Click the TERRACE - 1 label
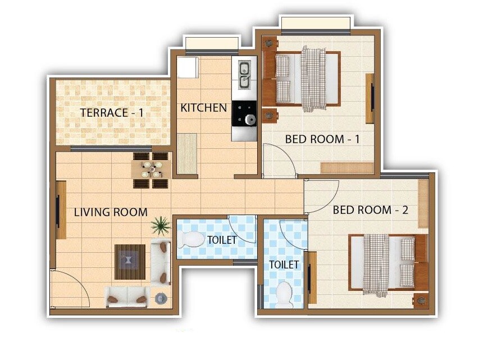click(x=112, y=112)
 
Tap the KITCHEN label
click(x=203, y=108)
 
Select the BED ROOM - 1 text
click(x=322, y=139)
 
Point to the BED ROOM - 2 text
click(x=370, y=210)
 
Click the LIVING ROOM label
click(x=111, y=212)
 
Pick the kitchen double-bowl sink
click(x=245, y=76)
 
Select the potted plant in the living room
click(x=160, y=226)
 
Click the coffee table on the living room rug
click(x=130, y=261)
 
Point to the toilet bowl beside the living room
click(x=191, y=240)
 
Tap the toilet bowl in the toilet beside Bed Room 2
click(x=285, y=294)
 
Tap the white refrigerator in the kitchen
click(x=187, y=67)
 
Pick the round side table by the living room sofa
click(x=161, y=299)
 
